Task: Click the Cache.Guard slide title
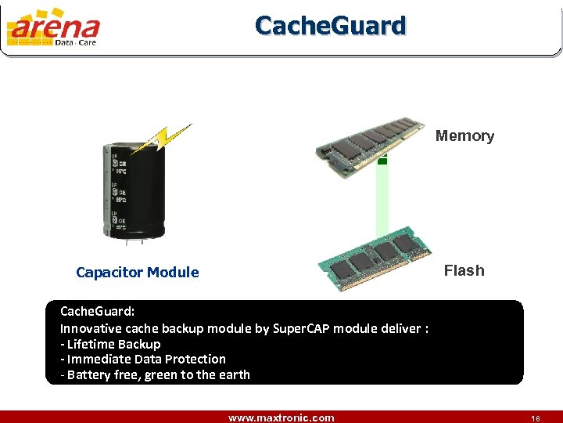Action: click(x=331, y=26)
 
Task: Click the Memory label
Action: click(x=464, y=136)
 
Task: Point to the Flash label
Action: click(x=464, y=271)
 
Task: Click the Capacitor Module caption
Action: click(x=138, y=273)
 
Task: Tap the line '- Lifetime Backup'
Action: click(x=110, y=344)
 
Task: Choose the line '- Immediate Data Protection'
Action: click(x=143, y=359)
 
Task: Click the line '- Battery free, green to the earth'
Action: click(x=155, y=374)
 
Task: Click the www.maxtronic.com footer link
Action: click(x=281, y=418)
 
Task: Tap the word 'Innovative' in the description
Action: click(x=91, y=328)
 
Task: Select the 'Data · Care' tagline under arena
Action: click(x=76, y=43)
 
